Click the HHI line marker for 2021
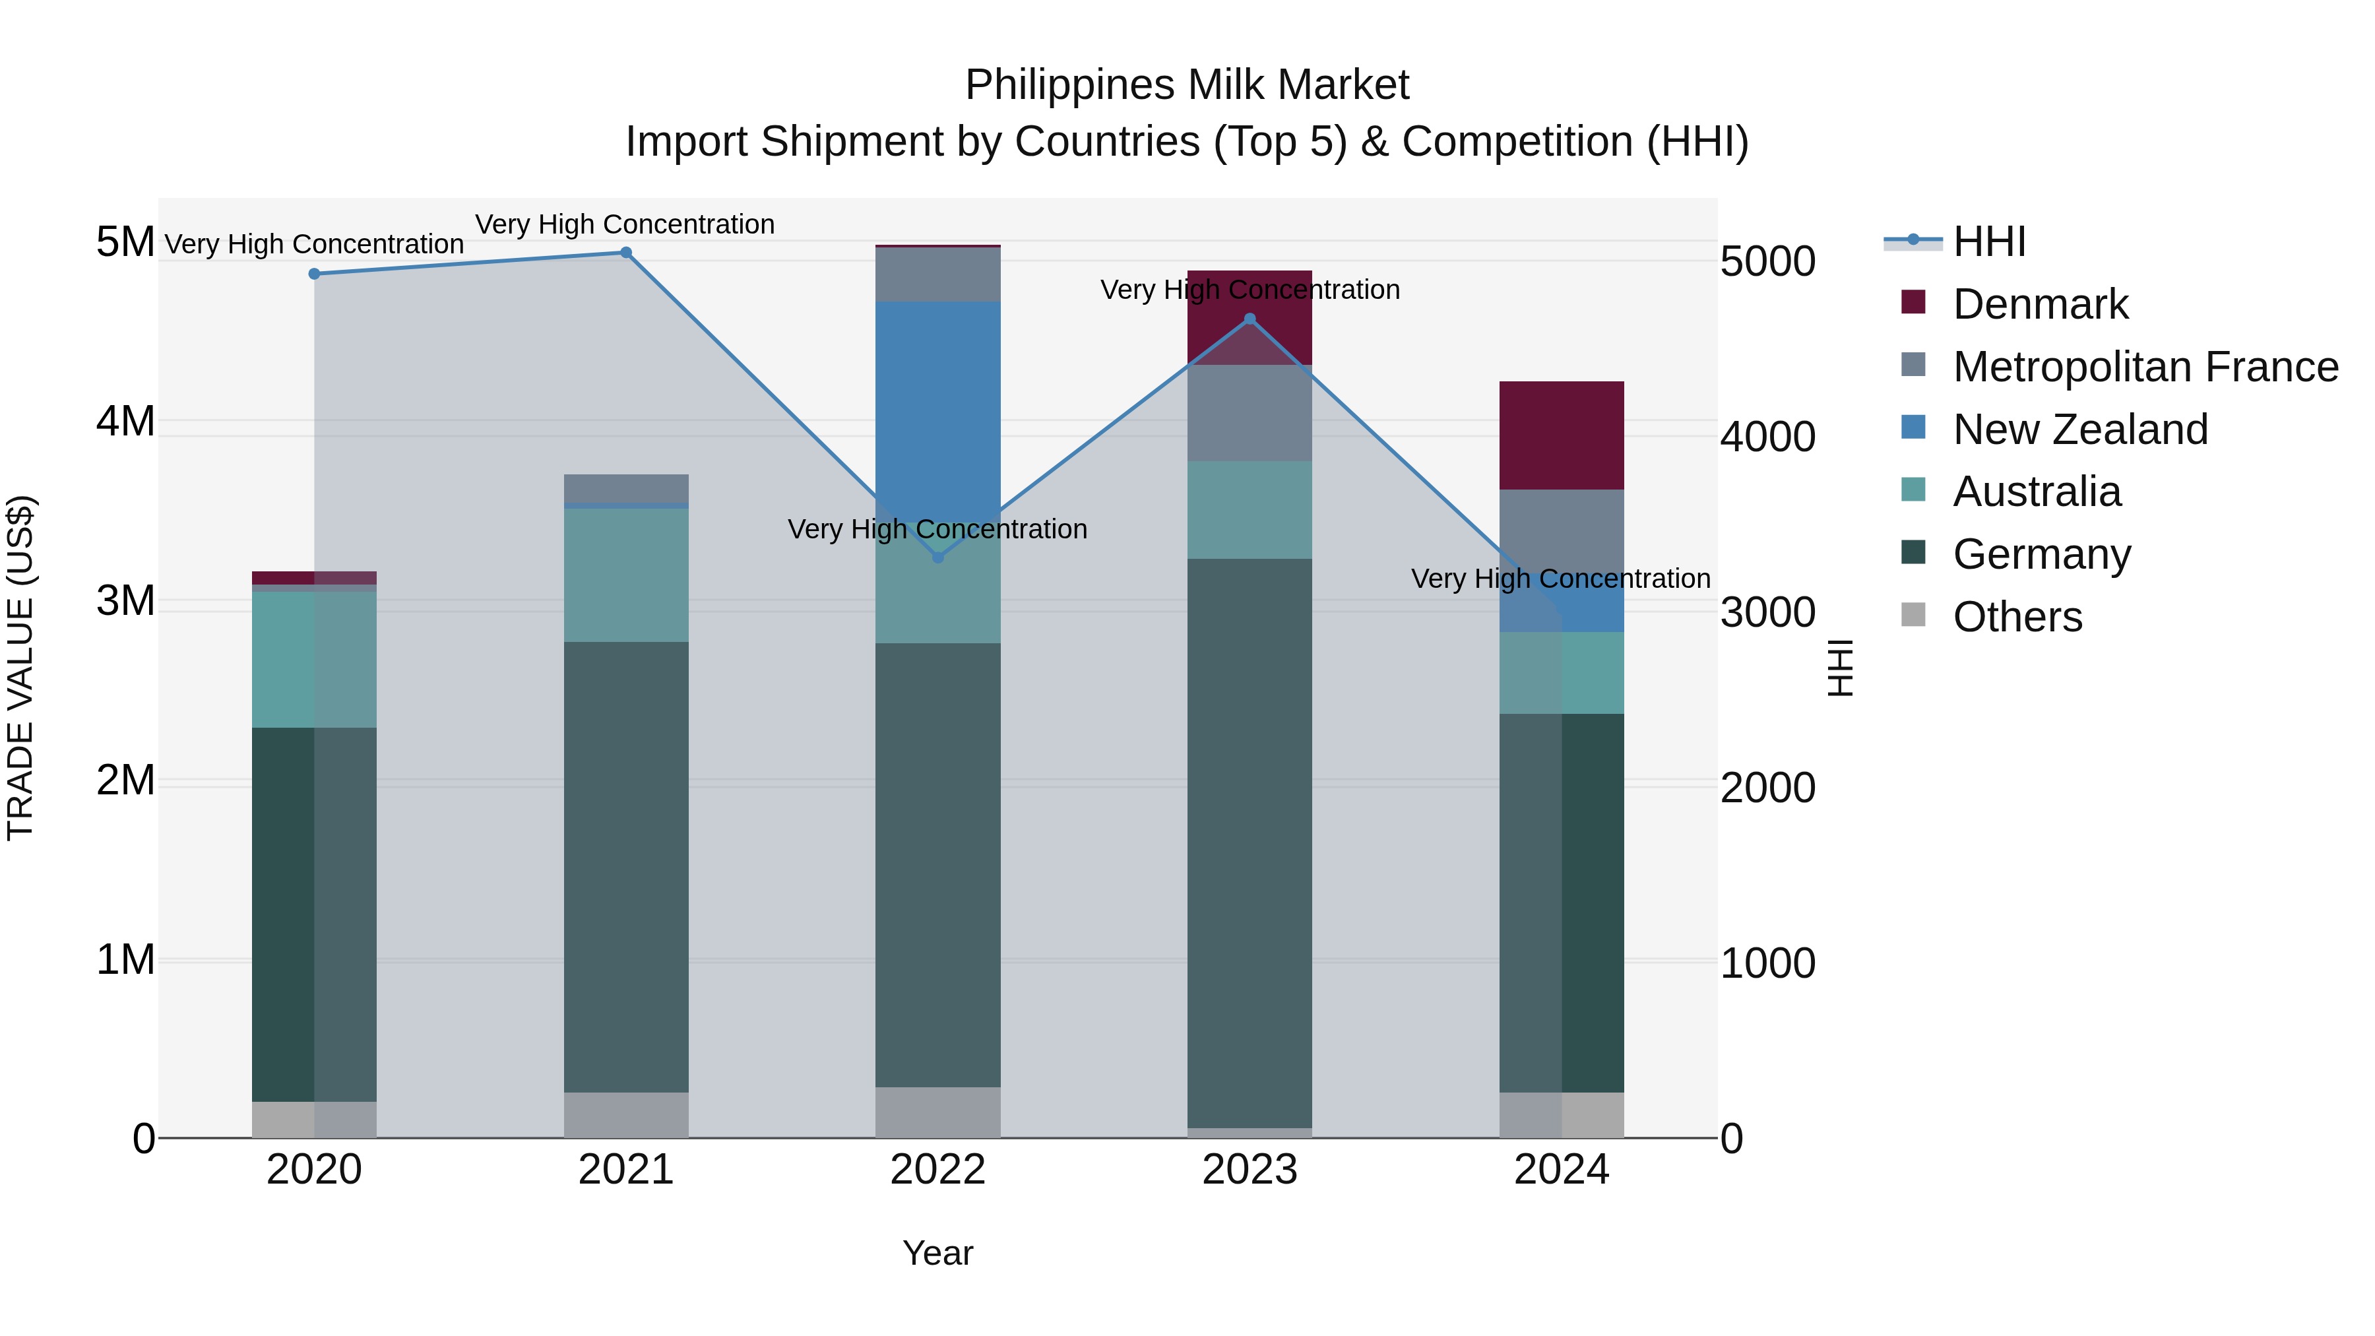click(x=626, y=253)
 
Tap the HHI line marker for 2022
click(x=937, y=557)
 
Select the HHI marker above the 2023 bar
click(x=1250, y=320)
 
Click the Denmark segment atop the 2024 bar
click(x=1561, y=435)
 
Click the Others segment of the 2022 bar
click(x=937, y=1112)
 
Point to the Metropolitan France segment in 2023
click(x=1250, y=413)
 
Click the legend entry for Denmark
click(x=2039, y=304)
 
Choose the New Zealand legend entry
click(x=2079, y=429)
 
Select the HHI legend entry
click(x=1988, y=241)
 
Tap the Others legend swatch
click(x=1913, y=615)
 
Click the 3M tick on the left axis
click(x=125, y=601)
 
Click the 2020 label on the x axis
click(x=315, y=1170)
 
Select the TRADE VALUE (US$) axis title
click(x=21, y=668)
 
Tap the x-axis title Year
click(x=937, y=1253)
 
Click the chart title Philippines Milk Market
click(x=1187, y=86)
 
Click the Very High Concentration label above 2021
click(x=625, y=225)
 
